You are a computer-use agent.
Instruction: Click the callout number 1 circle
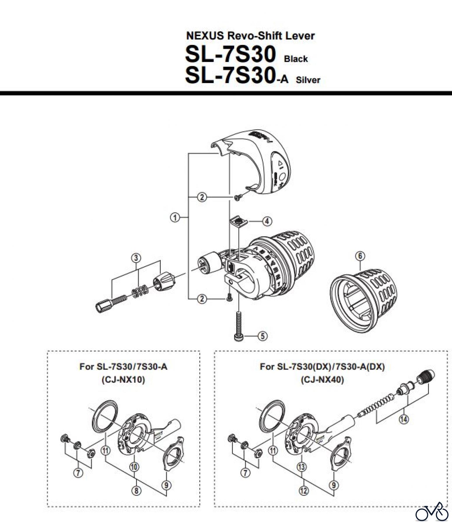(175, 217)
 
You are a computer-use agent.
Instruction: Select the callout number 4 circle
(267, 221)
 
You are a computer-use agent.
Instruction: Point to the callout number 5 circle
(262, 336)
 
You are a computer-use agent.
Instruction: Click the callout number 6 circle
(360, 256)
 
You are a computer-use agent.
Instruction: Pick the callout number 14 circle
(404, 420)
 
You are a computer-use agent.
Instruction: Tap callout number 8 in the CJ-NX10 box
(136, 491)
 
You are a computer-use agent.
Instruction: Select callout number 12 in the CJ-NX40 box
(304, 491)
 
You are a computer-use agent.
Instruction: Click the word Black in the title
(296, 59)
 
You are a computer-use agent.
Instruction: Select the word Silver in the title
(308, 80)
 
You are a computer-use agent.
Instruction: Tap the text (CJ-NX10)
(123, 380)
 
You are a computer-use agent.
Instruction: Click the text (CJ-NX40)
(322, 380)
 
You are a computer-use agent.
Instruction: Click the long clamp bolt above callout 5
(239, 324)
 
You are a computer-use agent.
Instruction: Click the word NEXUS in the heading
(205, 36)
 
